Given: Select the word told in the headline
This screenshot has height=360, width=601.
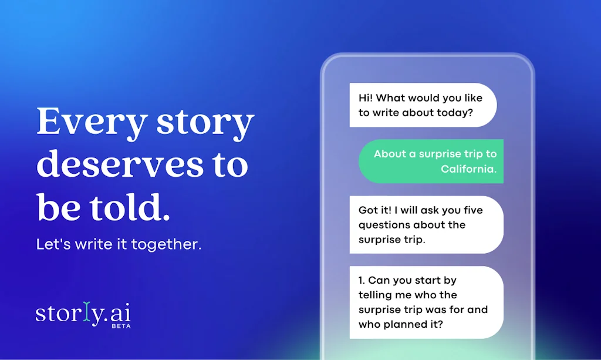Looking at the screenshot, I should click(131, 208).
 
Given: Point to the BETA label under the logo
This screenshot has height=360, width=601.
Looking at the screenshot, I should click(121, 325).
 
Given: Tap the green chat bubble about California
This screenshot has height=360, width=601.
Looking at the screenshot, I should click(431, 161).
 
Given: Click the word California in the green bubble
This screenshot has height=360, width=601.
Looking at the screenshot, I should click(468, 169).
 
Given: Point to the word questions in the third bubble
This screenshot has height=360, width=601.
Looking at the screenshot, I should click(384, 225).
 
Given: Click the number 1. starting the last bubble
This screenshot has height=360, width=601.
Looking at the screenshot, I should click(362, 281).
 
